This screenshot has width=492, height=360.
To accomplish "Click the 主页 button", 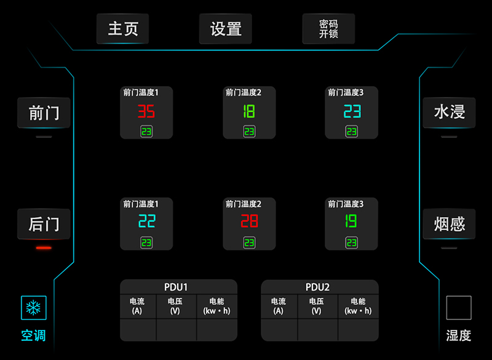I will click(122, 29).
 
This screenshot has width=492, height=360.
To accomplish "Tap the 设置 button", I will click(226, 29).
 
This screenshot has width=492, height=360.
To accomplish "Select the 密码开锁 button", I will click(328, 29).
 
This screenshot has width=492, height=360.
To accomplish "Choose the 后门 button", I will click(44, 224).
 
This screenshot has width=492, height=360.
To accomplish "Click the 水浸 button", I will click(449, 113).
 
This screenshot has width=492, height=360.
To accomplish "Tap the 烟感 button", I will click(449, 224).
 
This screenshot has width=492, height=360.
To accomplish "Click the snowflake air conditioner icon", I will click(34, 307).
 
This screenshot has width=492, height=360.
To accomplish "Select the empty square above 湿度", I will click(458, 308).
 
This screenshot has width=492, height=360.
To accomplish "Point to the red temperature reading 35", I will click(146, 112).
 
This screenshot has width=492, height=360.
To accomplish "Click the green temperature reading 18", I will click(249, 112).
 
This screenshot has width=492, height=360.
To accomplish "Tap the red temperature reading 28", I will click(249, 221).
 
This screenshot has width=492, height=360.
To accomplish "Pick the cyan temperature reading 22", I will click(146, 221).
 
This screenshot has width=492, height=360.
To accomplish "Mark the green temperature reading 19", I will click(351, 221).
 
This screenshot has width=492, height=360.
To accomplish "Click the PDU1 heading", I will click(178, 287).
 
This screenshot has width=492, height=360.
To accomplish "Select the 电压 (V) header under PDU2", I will click(316, 306).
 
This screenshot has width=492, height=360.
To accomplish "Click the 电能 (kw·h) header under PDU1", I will click(216, 306).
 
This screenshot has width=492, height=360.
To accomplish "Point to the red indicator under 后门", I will click(44, 247).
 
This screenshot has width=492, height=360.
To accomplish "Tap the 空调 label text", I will click(34, 335).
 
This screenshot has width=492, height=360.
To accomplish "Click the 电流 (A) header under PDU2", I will click(279, 306).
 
